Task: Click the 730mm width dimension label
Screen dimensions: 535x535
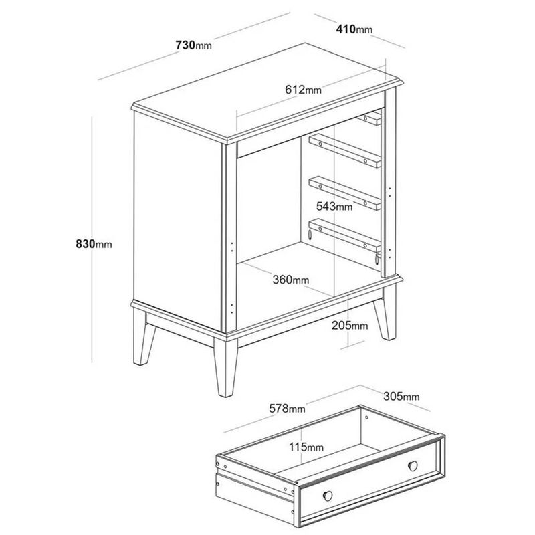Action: [x=193, y=45]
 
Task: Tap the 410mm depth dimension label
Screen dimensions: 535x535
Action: [x=354, y=29]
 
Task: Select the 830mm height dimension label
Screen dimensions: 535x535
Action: [x=94, y=244]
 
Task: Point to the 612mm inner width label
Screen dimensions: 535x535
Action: [x=304, y=90]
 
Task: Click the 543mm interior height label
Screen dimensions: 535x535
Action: [x=334, y=206]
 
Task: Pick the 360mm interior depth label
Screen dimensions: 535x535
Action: [x=291, y=280]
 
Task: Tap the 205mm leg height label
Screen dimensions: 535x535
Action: [x=350, y=326]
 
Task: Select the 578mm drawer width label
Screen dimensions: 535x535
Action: [x=288, y=408]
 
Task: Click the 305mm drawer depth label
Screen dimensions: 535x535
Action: [x=401, y=396]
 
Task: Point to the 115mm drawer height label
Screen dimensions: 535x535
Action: [x=306, y=447]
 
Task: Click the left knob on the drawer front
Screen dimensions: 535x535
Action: [x=328, y=496]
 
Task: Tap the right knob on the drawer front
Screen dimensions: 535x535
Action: [x=413, y=465]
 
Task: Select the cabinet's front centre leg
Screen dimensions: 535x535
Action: [x=225, y=367]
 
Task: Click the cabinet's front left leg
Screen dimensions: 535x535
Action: [x=143, y=336]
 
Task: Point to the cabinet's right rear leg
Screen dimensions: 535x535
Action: [x=387, y=313]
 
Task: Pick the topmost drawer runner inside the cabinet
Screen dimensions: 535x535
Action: [x=369, y=118]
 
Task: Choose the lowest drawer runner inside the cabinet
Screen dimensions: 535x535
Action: [x=344, y=235]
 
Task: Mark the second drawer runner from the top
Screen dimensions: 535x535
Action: [x=344, y=150]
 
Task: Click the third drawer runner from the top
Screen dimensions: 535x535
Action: [x=344, y=193]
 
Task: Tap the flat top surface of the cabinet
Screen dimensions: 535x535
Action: [x=267, y=91]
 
